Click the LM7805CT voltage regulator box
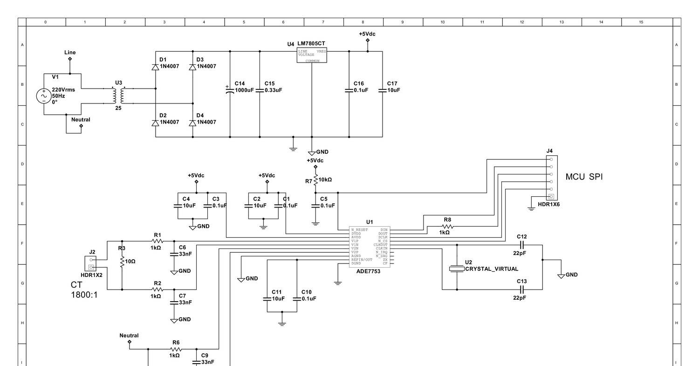312,55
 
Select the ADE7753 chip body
370,247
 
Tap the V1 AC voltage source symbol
44,96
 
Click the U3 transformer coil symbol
118,96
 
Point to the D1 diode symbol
155,67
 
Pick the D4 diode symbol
192,123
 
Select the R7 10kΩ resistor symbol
315,180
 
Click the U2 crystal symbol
457,269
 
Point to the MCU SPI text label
584,177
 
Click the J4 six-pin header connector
551,178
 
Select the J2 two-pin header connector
91,263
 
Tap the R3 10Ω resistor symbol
122,262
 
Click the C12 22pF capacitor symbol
521,245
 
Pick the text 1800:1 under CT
84,295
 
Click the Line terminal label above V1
70,53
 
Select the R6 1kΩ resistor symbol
175,349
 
